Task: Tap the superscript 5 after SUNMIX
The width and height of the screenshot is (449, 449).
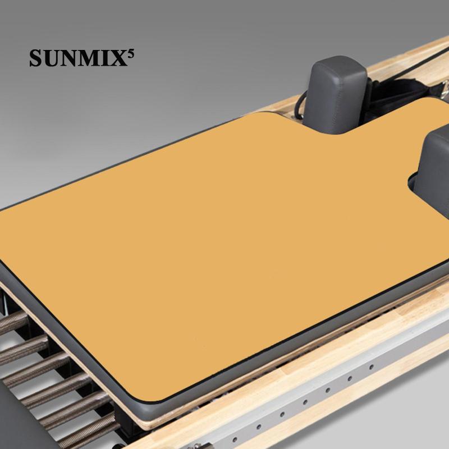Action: point(131,54)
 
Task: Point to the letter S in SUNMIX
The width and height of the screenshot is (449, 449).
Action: point(35,58)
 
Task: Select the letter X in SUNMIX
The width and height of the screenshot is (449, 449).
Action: point(120,58)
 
